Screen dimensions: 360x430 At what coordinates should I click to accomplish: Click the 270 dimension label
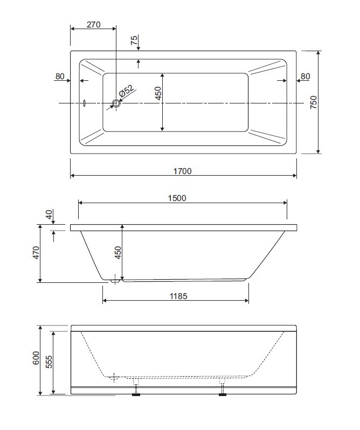[x=93, y=25]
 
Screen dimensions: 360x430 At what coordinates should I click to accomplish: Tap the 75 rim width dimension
[x=134, y=40]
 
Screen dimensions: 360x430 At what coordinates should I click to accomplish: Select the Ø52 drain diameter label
[x=127, y=91]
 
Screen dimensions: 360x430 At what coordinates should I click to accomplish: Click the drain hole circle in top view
[x=116, y=103]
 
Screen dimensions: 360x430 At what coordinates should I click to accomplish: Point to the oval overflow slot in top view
[x=85, y=103]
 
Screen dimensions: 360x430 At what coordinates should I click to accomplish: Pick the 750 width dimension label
[x=314, y=102]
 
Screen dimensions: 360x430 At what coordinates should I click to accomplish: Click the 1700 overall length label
[x=182, y=171]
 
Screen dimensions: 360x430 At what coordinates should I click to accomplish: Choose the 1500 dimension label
[x=177, y=198]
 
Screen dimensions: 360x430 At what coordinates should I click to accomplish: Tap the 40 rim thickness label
[x=49, y=214]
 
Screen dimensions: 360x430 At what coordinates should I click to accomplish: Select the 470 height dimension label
[x=36, y=253]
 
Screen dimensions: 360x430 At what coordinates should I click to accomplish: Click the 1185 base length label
[x=178, y=296]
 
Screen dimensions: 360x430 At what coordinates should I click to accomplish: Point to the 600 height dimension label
[x=36, y=358]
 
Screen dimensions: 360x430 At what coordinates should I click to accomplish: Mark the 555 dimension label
[x=49, y=362]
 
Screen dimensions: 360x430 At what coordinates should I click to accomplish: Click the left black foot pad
[x=136, y=394]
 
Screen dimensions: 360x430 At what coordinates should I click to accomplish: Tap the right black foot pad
[x=223, y=394]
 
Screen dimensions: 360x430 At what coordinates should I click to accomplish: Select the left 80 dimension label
[x=60, y=77]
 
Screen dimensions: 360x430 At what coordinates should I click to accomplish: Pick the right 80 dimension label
[x=305, y=77]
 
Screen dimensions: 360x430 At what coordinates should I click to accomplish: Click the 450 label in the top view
[x=158, y=93]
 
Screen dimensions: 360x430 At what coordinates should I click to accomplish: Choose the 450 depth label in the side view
[x=117, y=253]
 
